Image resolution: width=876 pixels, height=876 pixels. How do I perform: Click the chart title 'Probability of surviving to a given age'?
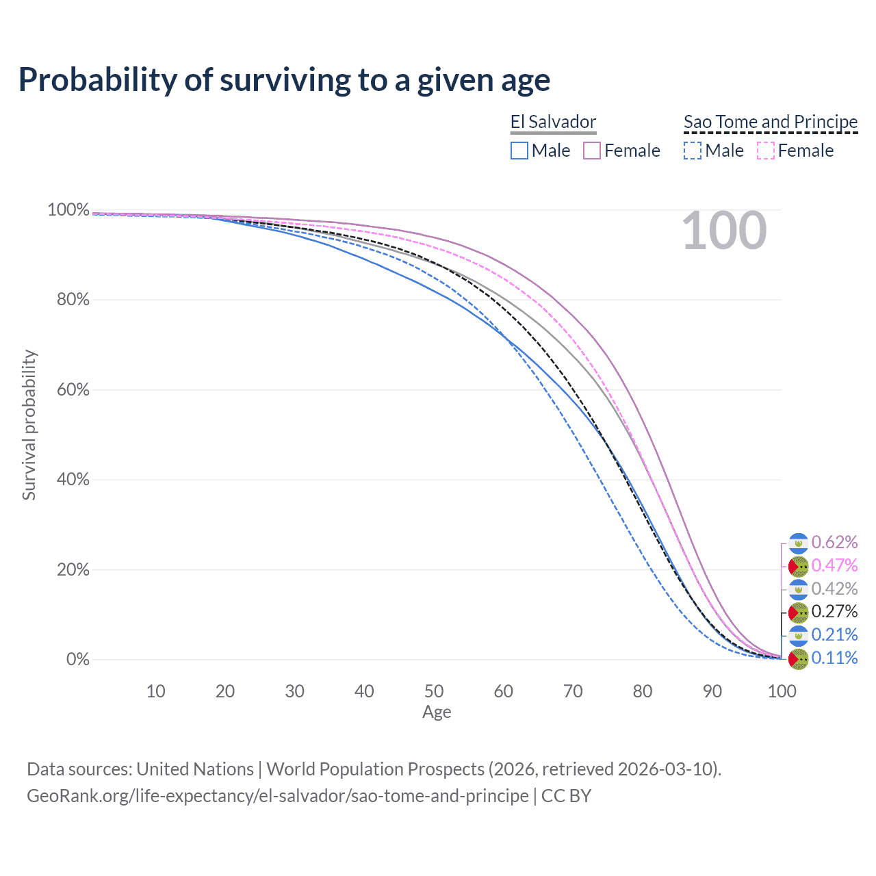[284, 80]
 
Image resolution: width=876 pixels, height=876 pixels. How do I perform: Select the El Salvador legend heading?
[553, 122]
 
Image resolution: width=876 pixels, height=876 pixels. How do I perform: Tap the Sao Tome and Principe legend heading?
[771, 122]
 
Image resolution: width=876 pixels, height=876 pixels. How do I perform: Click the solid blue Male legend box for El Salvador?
[519, 151]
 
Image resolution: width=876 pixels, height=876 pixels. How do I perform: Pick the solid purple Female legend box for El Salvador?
[592, 151]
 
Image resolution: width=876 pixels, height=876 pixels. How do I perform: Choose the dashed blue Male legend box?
[693, 151]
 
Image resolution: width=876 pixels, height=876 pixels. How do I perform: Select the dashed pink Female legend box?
[766, 151]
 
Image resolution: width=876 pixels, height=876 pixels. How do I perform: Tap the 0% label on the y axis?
[78, 660]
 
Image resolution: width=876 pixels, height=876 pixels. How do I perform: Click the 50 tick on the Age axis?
[434, 691]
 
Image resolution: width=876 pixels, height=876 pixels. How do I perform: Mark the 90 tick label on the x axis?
[712, 691]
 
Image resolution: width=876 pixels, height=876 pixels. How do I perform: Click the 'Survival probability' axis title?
[29, 425]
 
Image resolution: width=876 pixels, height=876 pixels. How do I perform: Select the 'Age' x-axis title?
[437, 712]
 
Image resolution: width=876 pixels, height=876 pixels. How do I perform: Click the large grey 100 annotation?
[724, 231]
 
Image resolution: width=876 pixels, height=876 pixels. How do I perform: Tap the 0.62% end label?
[834, 543]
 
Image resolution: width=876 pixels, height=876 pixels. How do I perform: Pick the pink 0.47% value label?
[834, 566]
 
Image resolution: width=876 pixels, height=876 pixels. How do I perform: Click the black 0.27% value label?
[834, 612]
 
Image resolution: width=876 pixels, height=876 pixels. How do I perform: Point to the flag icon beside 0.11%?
[799, 659]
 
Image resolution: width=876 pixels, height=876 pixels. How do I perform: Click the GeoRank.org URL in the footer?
[277, 796]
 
